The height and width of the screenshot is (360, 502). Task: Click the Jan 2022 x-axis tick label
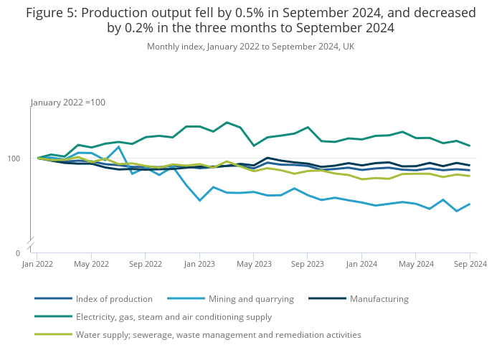point(37,264)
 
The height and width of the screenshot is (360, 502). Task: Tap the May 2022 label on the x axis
point(91,264)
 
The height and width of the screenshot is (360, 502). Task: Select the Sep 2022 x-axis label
point(146,264)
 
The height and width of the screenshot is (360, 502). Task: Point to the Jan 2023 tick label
point(199,264)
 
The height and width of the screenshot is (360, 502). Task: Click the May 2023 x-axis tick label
point(254,264)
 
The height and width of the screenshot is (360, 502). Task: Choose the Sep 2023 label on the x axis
point(308,264)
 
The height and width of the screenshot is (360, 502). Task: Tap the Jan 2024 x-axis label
point(361,264)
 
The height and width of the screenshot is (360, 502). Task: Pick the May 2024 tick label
point(416,264)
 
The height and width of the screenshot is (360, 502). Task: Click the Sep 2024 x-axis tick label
point(470,264)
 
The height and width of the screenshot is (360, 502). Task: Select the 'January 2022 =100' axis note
point(68,103)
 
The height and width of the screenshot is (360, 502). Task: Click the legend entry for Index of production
point(114,299)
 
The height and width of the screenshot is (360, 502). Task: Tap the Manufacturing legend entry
point(379,299)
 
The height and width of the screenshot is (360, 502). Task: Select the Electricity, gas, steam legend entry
point(174,316)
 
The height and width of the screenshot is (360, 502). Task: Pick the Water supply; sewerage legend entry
point(218,334)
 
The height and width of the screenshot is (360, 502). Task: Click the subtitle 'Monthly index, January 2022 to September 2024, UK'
point(250,47)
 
